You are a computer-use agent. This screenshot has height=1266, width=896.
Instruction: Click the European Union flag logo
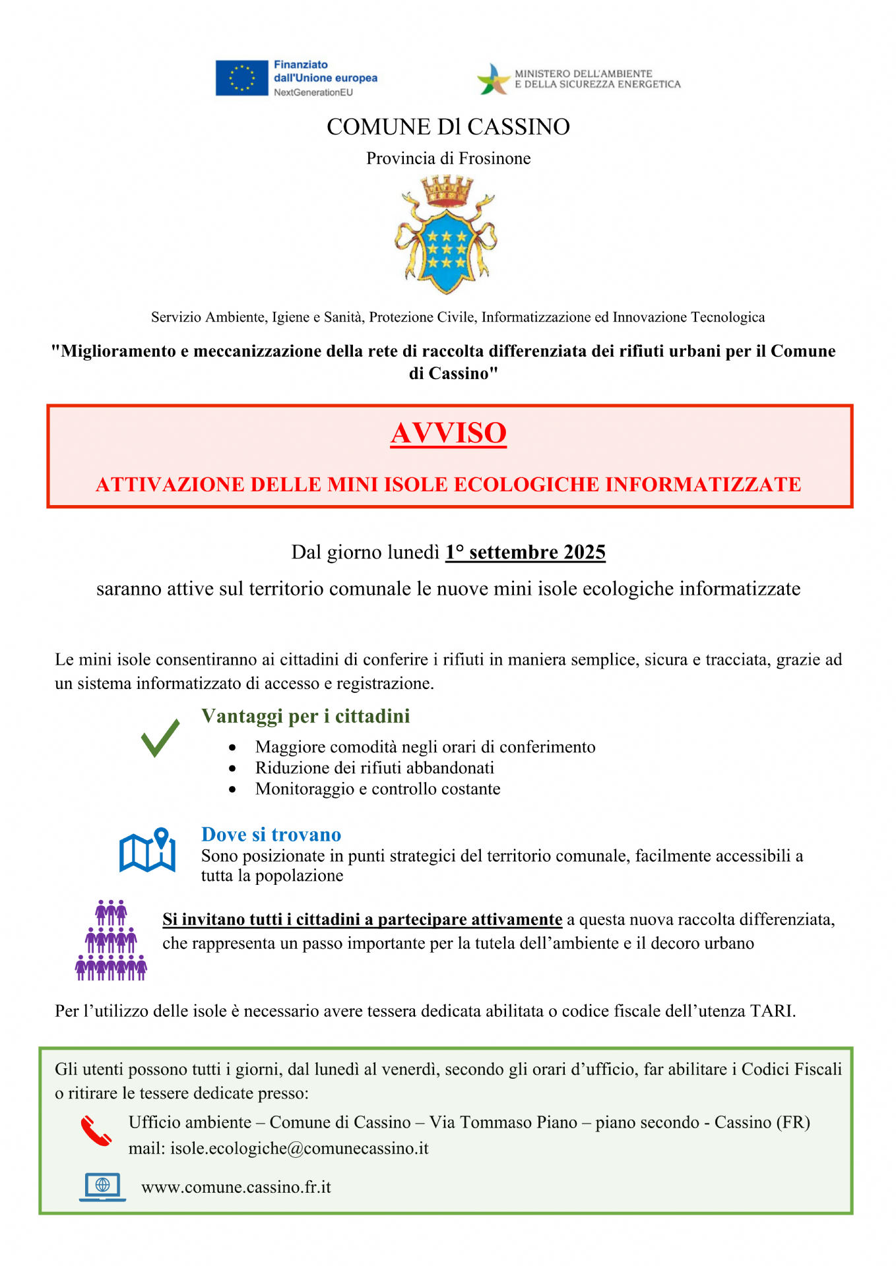coord(241,78)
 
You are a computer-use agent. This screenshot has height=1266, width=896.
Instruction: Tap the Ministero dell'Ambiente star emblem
coord(494,79)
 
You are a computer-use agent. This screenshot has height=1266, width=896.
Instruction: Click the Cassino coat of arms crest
coord(447,235)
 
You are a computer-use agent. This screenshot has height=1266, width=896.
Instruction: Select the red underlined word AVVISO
coord(448,433)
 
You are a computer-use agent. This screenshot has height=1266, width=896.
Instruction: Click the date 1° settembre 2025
coord(525,552)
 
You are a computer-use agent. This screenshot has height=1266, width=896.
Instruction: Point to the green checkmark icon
coord(160,738)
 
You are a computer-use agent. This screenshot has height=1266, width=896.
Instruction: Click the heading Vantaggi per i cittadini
coord(305,716)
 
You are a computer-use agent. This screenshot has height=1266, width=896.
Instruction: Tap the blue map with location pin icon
coord(148,851)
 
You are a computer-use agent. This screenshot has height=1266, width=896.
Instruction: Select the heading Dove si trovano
coord(271,835)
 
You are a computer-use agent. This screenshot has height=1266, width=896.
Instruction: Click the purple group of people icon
coord(111,940)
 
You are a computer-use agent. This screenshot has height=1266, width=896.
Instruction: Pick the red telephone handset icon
coord(96,1131)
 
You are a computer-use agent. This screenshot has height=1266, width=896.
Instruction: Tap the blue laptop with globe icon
coord(102,1187)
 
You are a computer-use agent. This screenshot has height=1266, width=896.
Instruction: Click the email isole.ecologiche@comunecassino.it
coord(300,1149)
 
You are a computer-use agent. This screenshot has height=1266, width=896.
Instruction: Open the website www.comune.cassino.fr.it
coord(236,1188)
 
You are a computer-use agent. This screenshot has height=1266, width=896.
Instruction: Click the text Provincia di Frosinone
coord(448,159)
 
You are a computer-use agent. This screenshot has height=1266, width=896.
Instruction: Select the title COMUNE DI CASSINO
coord(448,127)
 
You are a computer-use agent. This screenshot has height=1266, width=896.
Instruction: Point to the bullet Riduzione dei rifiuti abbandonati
coord(375,768)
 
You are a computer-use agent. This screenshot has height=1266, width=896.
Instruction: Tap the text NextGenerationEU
coord(313,92)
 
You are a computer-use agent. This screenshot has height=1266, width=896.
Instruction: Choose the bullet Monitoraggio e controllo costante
coord(377,789)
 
